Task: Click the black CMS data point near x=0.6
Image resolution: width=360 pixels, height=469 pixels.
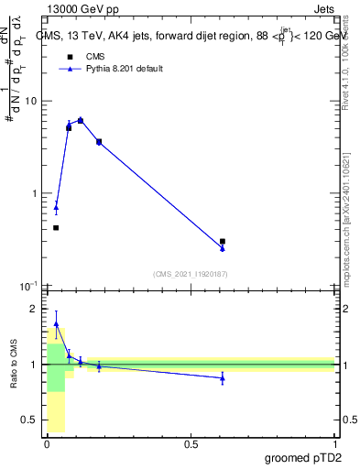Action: (223, 241)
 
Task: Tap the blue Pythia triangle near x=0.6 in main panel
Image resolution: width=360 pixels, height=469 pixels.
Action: (223, 248)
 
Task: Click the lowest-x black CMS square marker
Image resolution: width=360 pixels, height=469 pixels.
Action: (56, 227)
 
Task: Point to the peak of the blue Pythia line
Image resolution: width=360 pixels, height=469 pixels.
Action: (81, 120)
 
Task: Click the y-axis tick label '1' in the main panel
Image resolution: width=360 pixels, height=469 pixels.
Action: (35, 193)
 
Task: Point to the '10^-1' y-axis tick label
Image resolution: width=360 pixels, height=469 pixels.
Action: (29, 285)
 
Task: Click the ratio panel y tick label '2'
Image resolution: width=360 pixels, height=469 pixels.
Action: (35, 309)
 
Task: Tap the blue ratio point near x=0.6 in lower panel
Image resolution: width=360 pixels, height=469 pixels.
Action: (223, 377)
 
